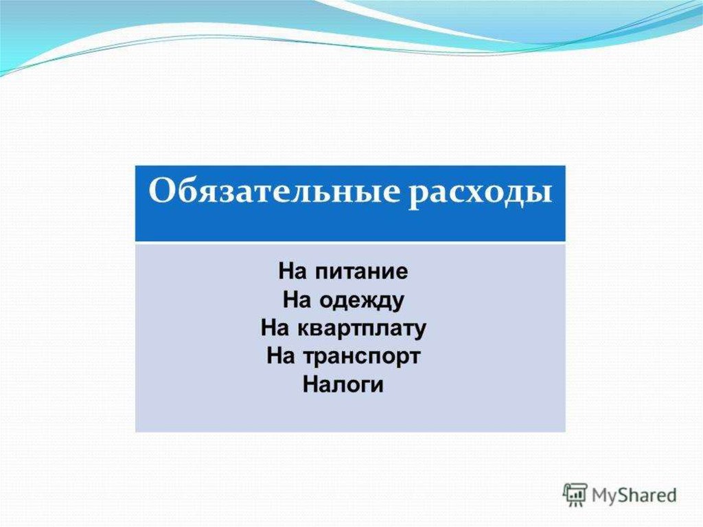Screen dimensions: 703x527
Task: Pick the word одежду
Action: [x=362, y=300]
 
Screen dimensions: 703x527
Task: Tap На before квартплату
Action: [x=275, y=328]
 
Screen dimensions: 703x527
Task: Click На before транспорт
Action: [x=280, y=357]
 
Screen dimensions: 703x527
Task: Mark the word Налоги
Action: [x=343, y=385]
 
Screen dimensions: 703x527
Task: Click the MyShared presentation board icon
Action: [x=575, y=495]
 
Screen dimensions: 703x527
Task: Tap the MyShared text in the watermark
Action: [x=634, y=495]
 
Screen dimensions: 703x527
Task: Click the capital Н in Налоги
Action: [x=310, y=385]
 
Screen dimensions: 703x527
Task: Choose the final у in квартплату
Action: [x=419, y=332]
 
